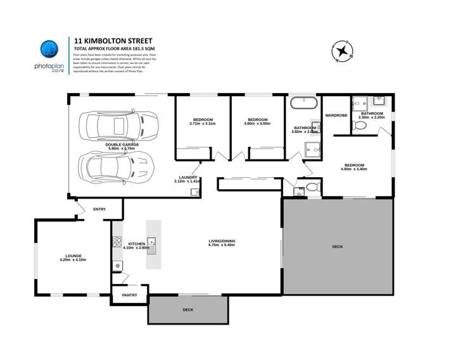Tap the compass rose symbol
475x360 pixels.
pos(343,51)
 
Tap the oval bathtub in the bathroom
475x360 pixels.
pos(304,102)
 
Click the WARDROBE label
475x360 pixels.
pos(336,116)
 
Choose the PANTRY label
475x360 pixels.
pos(129,295)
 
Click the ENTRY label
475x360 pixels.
pos(99,209)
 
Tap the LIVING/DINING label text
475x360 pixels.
pos(222,241)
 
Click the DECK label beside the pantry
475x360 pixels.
pos(188,310)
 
